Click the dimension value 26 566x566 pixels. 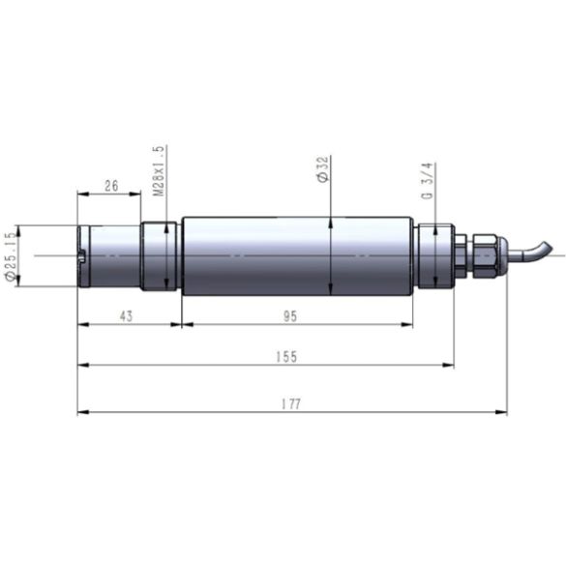[111, 186]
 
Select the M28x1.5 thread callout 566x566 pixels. [159, 170]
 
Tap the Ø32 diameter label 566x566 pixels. [322, 169]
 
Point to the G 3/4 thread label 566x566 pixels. [427, 181]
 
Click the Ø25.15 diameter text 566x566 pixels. [10, 256]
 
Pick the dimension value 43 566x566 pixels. [126, 316]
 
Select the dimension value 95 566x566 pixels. [290, 316]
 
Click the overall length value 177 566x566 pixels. [291, 403]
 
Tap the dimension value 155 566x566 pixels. [286, 357]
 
